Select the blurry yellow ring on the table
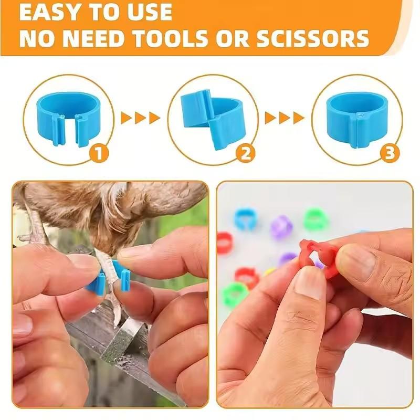tap(269, 271)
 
